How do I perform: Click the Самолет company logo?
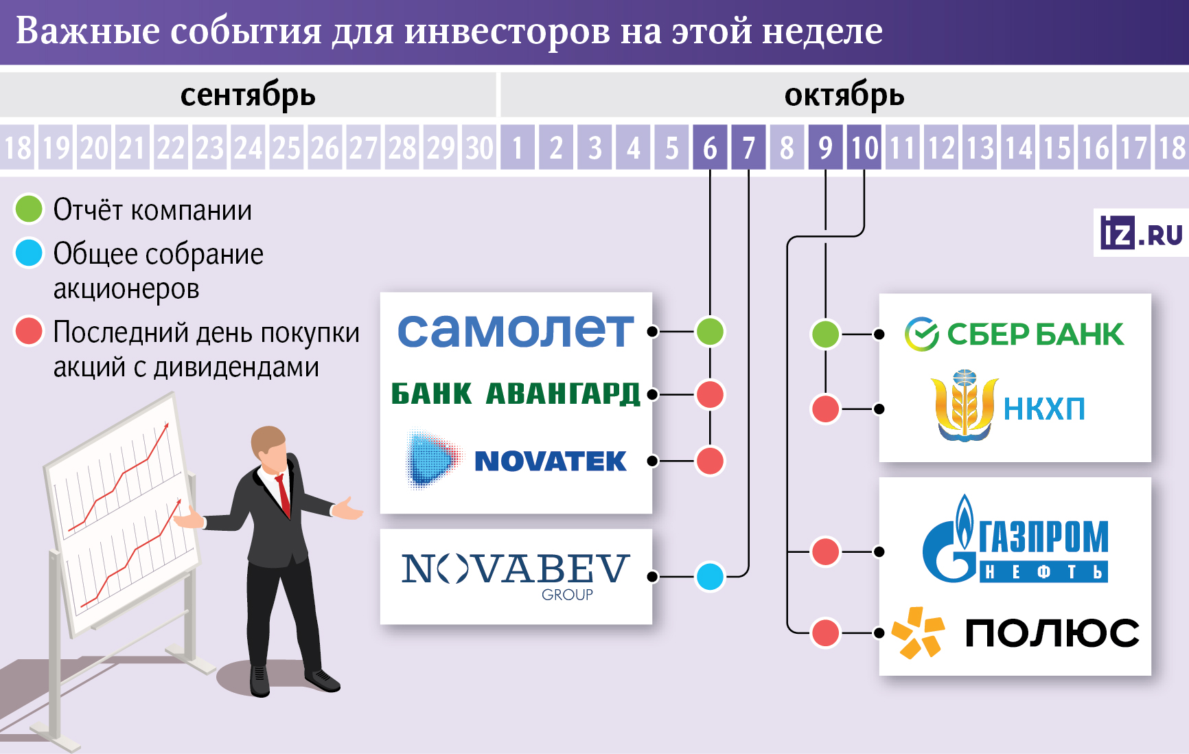click(x=515, y=331)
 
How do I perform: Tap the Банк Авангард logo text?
click(x=515, y=394)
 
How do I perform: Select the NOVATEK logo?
click(x=516, y=460)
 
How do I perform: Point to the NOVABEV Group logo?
click(x=515, y=575)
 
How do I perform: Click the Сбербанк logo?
click(x=1014, y=334)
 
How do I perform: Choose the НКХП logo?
click(x=1007, y=408)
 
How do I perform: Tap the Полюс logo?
click(x=1015, y=632)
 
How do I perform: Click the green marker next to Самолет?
click(x=710, y=332)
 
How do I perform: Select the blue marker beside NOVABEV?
click(x=710, y=576)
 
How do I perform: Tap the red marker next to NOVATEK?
click(x=710, y=461)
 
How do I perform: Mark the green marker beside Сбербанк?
click(x=825, y=334)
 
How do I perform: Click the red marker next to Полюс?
click(x=825, y=632)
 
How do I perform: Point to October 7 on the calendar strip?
click(x=748, y=148)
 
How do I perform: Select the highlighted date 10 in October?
click(x=864, y=148)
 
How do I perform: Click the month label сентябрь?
click(x=248, y=95)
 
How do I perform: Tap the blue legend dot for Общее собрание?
click(x=29, y=253)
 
